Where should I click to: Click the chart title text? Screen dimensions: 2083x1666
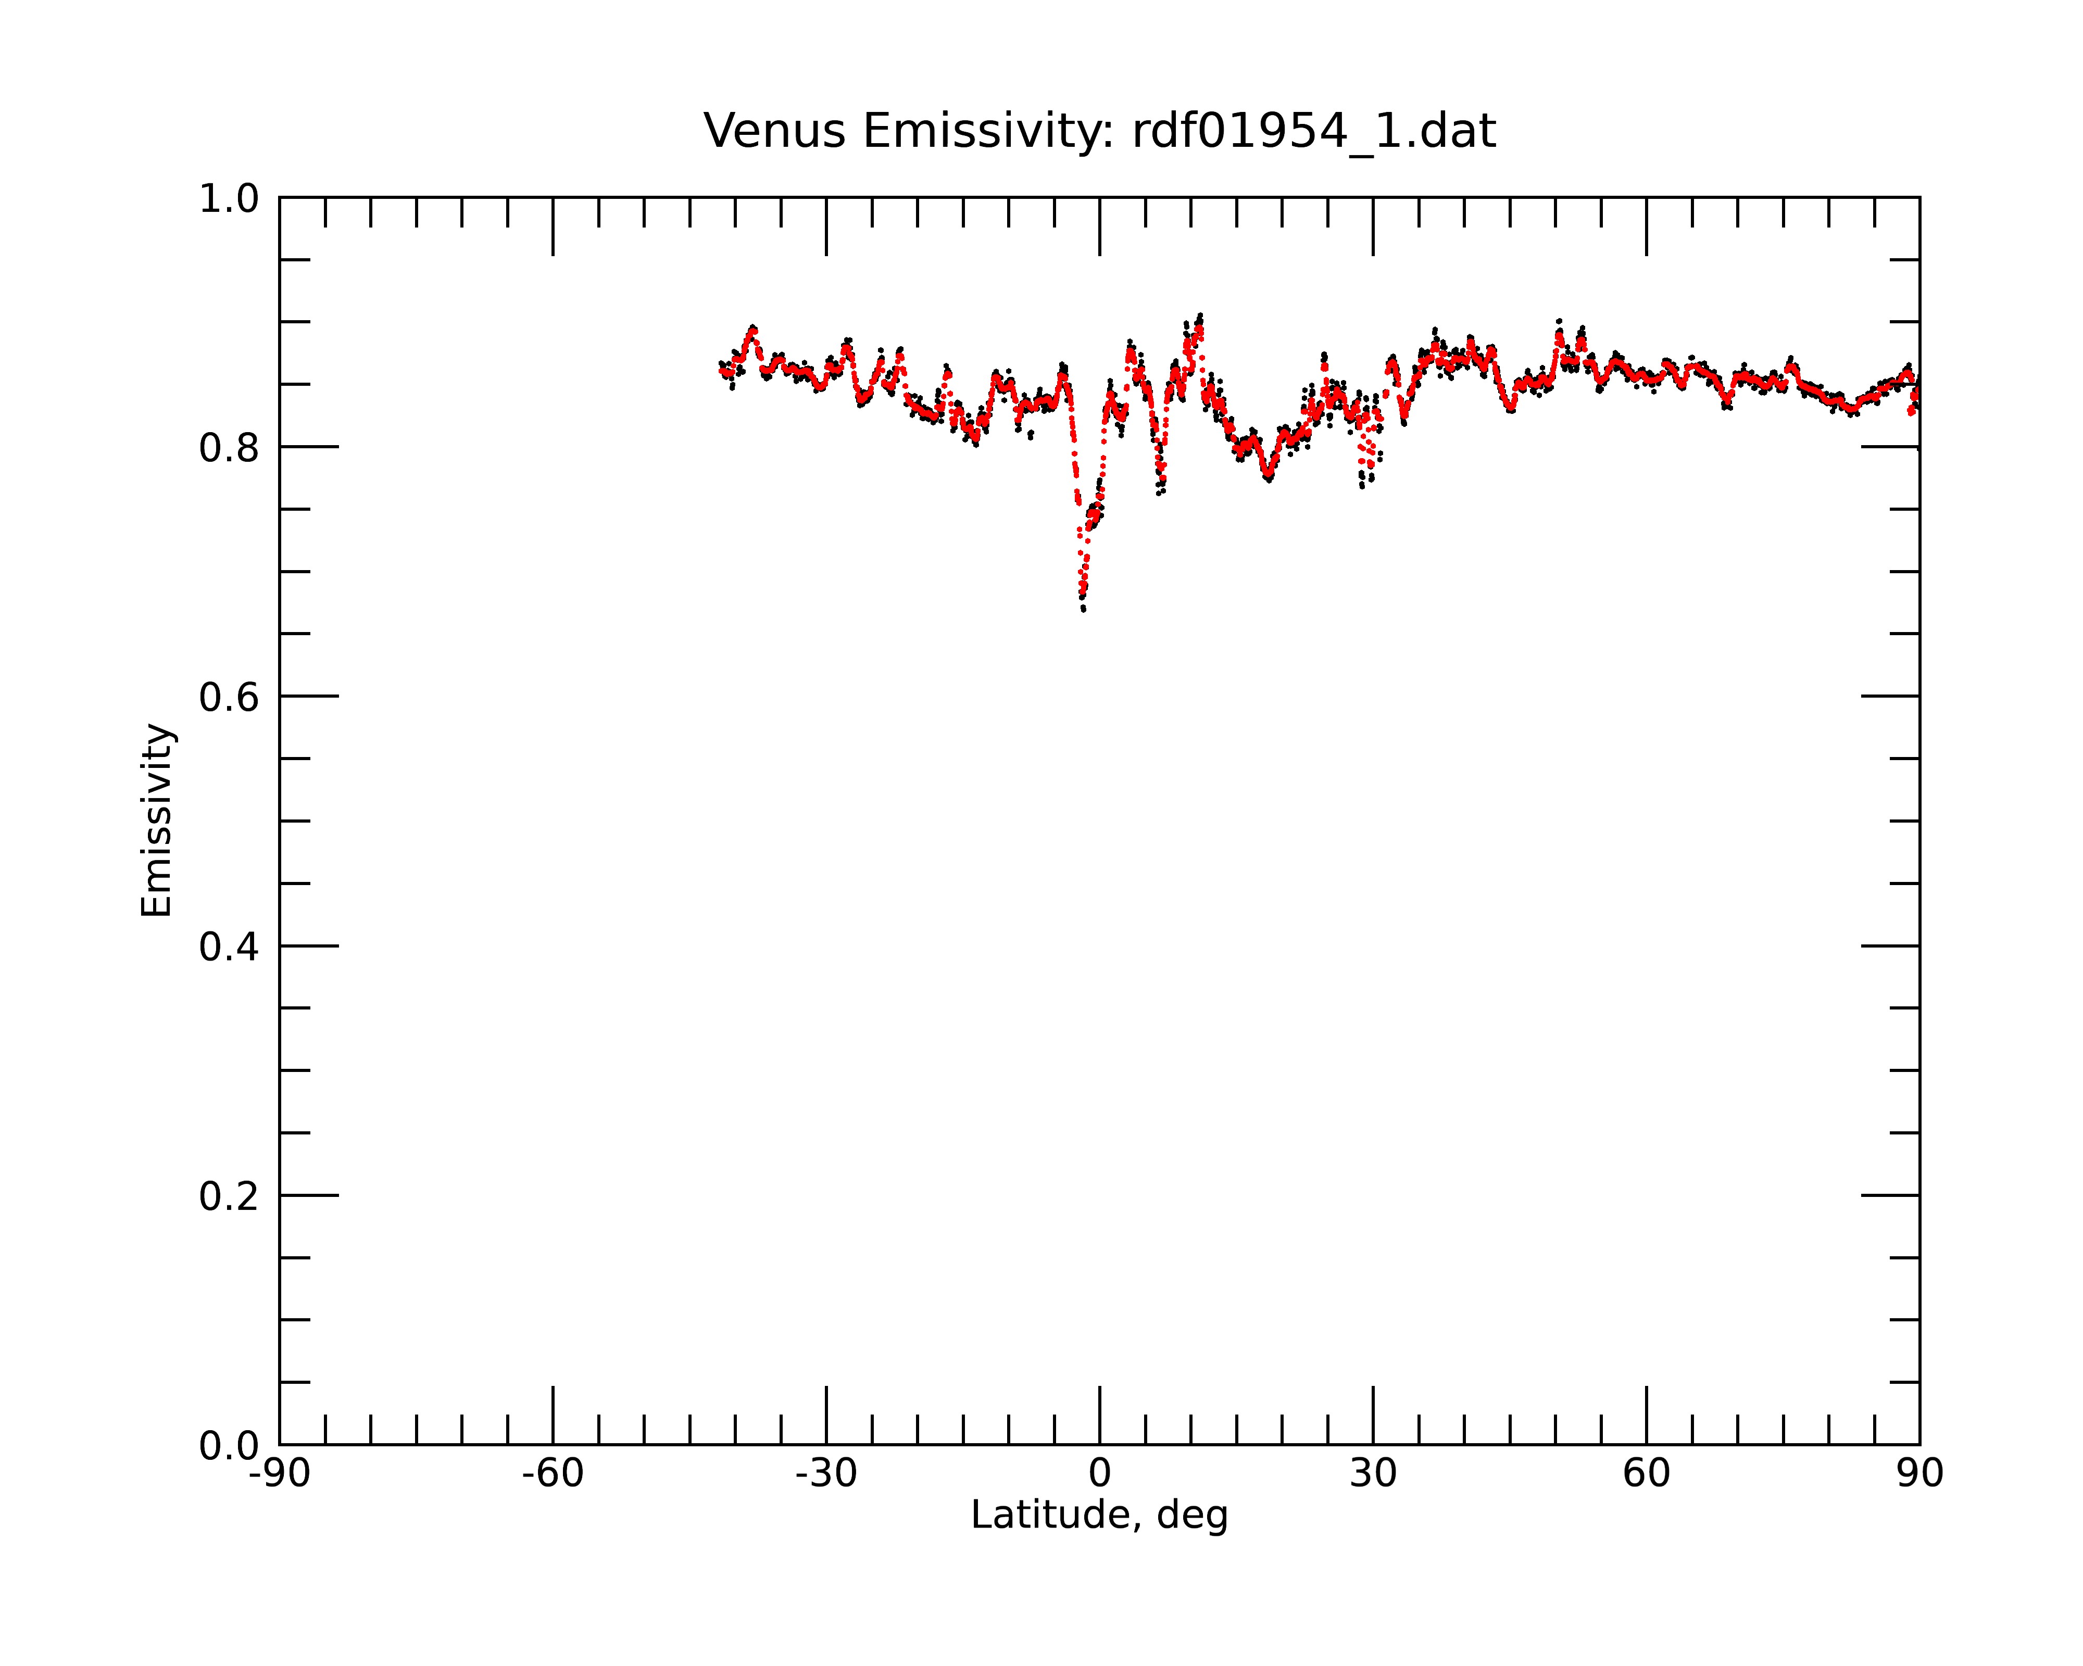pos(1099,131)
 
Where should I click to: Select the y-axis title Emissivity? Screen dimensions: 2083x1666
pos(157,820)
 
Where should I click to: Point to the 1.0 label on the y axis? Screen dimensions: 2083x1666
pos(229,199)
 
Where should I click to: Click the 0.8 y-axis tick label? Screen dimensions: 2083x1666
pos(229,448)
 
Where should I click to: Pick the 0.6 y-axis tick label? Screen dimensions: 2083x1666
pos(229,697)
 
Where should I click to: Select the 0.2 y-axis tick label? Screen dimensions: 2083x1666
pos(229,1196)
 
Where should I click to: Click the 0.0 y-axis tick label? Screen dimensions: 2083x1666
pos(229,1446)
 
